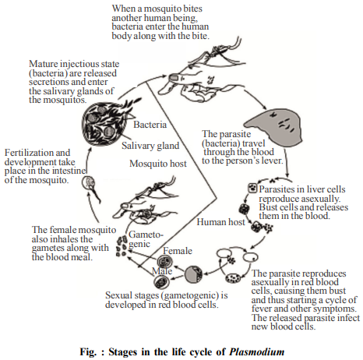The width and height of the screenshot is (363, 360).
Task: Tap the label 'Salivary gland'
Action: [x=150, y=146]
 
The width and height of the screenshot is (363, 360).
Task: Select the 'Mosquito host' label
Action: [x=158, y=164]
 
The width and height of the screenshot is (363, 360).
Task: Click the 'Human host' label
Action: [x=220, y=222]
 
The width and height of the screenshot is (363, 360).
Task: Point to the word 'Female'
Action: [x=178, y=251]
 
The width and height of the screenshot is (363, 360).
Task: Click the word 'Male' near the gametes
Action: [x=162, y=271]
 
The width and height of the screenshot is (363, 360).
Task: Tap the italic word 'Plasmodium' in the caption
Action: [x=256, y=352]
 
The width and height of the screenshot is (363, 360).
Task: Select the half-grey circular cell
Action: [x=193, y=274]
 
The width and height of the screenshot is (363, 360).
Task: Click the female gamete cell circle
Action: [x=165, y=261]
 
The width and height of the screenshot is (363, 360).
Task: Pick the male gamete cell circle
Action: [x=161, y=282]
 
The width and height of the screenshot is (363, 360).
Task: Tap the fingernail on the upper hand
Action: [x=174, y=77]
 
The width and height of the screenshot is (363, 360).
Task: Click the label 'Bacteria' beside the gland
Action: [x=150, y=125]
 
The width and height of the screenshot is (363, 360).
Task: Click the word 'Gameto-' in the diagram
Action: [x=146, y=235]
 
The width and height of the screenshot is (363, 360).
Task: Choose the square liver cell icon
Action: [x=252, y=188]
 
